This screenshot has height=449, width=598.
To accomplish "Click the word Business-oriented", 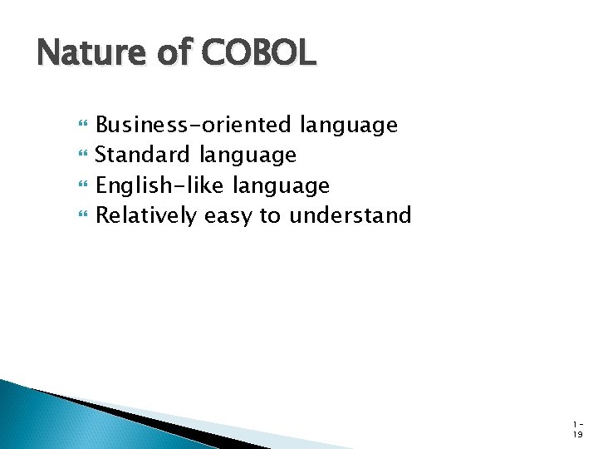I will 194,126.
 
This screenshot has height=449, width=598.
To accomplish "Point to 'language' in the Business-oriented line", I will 349,126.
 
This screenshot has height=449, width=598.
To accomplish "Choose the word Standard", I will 144,155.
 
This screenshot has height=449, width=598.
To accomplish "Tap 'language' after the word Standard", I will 247,156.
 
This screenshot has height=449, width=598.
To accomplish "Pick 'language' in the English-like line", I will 281,186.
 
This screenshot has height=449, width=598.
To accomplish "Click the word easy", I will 228,216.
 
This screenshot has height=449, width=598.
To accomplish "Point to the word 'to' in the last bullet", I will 270,216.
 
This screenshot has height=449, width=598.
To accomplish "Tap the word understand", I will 350,215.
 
